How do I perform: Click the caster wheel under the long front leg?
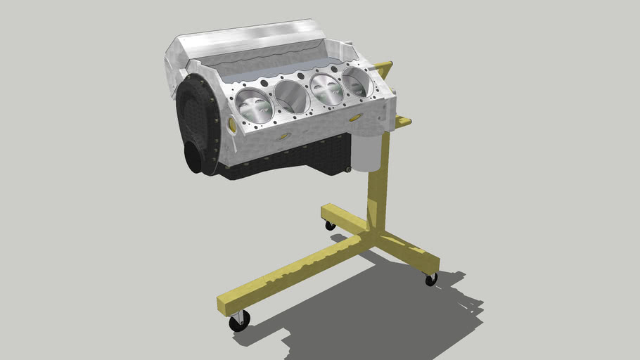click(x=239, y=321)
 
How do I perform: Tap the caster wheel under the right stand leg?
click(x=431, y=279)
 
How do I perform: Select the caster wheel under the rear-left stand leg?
click(x=330, y=225)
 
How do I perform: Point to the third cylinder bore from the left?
click(x=326, y=89)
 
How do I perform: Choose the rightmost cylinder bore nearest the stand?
click(x=357, y=82)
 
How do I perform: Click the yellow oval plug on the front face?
click(x=232, y=124)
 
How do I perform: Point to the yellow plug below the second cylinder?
click(x=284, y=136)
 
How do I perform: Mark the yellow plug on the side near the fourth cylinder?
click(x=356, y=117)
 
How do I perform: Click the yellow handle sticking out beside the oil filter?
click(x=402, y=122)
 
